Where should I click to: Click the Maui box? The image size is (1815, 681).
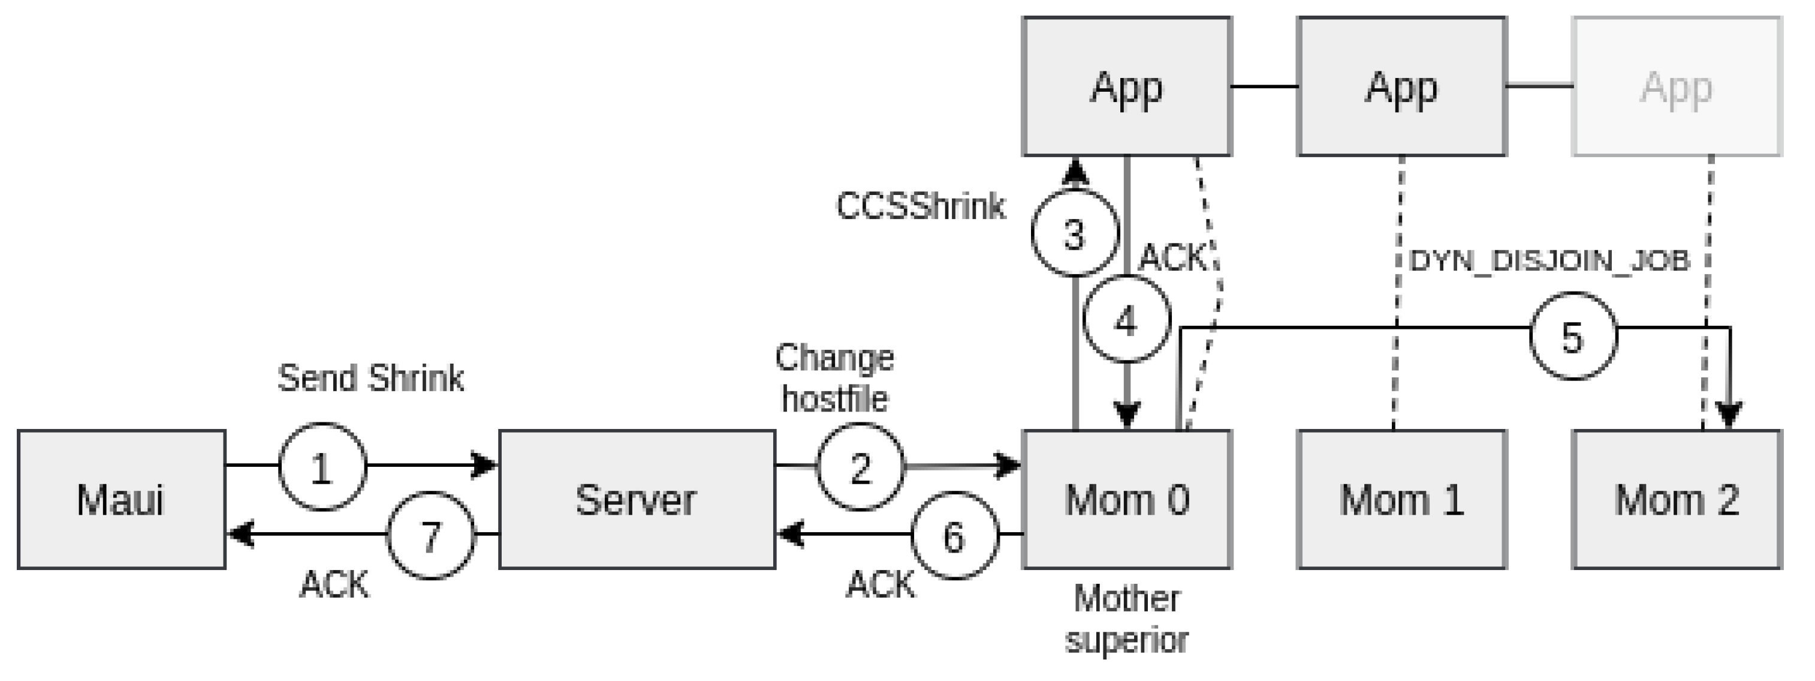(121, 499)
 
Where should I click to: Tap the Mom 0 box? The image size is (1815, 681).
(1127, 499)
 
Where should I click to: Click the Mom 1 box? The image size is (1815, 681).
(1401, 499)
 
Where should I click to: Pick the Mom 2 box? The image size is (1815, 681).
(1676, 499)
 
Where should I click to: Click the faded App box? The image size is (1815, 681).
(1676, 86)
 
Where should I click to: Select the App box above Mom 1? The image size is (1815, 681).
(1401, 86)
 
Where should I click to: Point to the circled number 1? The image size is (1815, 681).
(322, 467)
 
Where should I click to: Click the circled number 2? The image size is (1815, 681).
(860, 467)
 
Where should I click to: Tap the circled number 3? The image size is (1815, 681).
(1075, 233)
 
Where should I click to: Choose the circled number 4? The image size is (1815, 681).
(1126, 320)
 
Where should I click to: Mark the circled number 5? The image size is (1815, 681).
(1573, 336)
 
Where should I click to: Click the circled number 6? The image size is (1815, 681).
(955, 536)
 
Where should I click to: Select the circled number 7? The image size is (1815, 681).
(431, 536)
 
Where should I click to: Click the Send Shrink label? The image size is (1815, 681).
(370, 379)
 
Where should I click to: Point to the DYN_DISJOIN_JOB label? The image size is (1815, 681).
(1549, 261)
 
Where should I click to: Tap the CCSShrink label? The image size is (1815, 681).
(920, 206)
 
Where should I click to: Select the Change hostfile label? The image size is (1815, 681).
(834, 378)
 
